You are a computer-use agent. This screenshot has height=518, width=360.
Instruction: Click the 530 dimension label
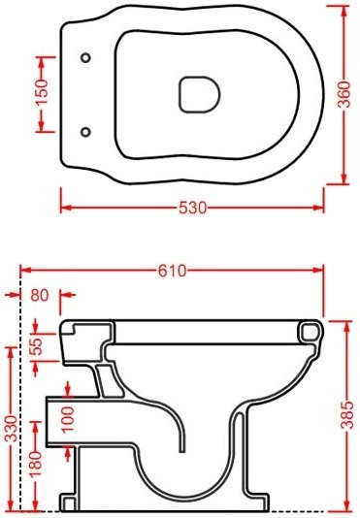[x=193, y=208]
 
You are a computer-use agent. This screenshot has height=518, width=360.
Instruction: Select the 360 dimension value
[x=344, y=94]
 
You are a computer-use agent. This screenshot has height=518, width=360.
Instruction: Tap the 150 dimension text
[x=42, y=91]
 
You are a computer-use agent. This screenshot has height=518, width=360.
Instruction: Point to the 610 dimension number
[x=172, y=271]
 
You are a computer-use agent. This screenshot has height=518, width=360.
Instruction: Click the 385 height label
[x=347, y=414]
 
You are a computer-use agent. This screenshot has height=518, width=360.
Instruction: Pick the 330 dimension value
[x=12, y=429]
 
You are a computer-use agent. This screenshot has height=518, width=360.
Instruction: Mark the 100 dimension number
[x=67, y=419]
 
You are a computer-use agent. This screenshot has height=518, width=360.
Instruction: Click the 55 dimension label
[x=37, y=346]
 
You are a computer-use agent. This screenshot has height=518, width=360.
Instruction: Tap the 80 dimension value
[x=40, y=295]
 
